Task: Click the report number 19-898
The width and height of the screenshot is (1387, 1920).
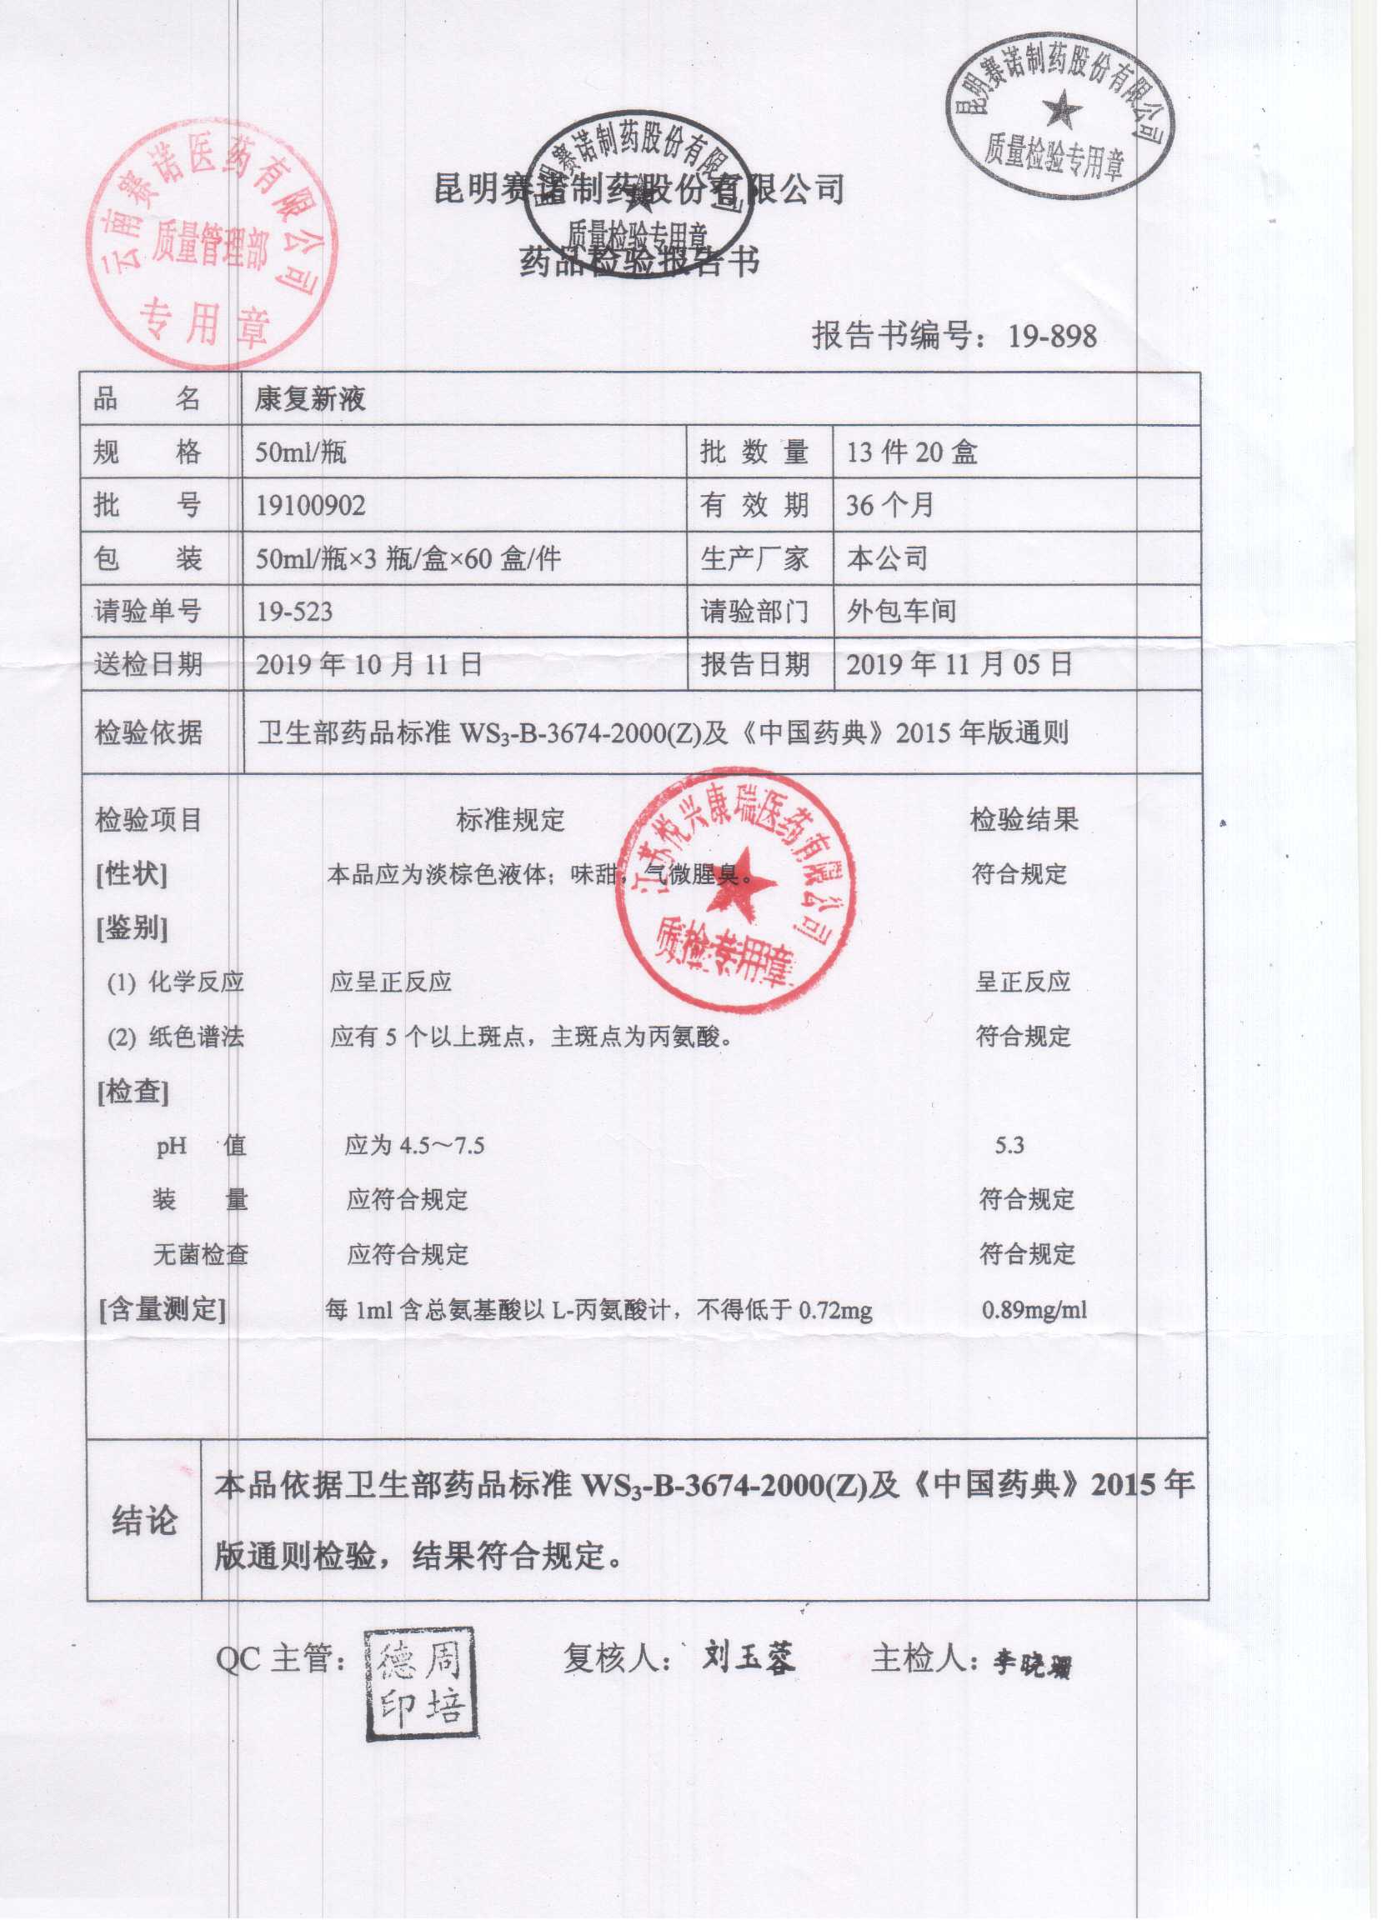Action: (x=1052, y=337)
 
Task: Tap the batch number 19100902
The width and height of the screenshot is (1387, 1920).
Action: (x=310, y=505)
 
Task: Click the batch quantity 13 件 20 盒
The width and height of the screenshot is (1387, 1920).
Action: (x=911, y=452)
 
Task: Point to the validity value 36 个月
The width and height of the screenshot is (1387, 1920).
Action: (x=889, y=505)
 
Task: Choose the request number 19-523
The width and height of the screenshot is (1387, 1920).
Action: (x=294, y=611)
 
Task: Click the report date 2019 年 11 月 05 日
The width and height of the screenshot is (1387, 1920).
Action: (x=959, y=664)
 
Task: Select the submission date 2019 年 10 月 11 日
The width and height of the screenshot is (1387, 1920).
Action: (x=369, y=664)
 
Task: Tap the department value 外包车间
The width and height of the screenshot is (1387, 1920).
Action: (x=901, y=611)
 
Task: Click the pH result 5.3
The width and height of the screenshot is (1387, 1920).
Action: (x=1009, y=1146)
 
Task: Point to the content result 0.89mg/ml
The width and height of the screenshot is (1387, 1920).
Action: (x=1034, y=1312)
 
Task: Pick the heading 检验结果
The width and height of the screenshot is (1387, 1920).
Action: (x=1024, y=819)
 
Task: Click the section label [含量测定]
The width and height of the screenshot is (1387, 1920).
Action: (x=163, y=1312)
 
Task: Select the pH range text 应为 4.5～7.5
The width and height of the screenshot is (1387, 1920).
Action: (x=414, y=1146)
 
